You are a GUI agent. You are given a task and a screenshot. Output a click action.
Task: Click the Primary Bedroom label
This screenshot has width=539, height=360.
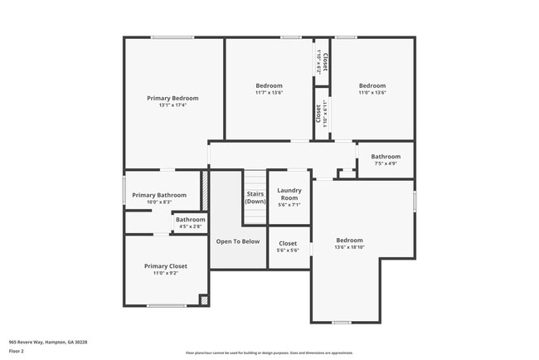click(172, 98)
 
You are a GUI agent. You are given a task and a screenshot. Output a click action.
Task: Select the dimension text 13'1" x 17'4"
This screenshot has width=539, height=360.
click(172, 105)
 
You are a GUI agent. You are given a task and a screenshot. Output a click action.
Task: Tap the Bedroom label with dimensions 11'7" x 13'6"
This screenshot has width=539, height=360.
click(269, 85)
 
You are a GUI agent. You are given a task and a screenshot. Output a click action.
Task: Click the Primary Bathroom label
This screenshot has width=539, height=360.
click(159, 195)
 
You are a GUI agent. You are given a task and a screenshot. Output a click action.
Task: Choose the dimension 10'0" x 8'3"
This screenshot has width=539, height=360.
click(159, 202)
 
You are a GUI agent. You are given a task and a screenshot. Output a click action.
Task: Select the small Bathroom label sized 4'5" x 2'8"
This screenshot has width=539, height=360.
click(190, 220)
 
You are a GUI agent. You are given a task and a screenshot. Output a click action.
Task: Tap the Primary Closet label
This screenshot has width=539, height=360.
click(166, 266)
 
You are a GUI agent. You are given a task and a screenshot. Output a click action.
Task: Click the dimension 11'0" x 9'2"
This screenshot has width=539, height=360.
click(166, 274)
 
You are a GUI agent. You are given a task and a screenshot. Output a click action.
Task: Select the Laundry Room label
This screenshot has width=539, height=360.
click(289, 193)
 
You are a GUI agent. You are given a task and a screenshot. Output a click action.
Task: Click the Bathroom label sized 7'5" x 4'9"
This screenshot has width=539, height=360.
click(386, 157)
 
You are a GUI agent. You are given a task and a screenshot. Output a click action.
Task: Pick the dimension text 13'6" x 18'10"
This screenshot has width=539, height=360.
click(349, 246)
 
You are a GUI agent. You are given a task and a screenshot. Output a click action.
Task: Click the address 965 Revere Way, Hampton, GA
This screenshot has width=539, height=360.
click(48, 342)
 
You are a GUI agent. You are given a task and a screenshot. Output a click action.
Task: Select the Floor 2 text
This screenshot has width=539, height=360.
click(17, 351)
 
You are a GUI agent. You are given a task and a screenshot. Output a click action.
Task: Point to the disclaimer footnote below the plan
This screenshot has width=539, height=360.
click(269, 353)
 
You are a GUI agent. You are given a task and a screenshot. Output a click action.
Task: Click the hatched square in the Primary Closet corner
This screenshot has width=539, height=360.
click(204, 299)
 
